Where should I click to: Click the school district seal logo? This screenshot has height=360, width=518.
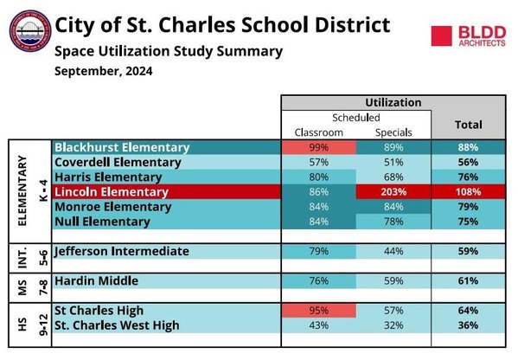[30, 31]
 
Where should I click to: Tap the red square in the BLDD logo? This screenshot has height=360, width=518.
[441, 36]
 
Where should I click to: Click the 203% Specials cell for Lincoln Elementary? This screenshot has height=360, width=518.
[393, 192]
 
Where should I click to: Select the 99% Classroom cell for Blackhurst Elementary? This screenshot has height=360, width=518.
[319, 147]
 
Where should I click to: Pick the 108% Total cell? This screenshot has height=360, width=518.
[468, 192]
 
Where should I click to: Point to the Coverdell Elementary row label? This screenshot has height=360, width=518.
[118, 163]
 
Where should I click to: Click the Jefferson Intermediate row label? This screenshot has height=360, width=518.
[122, 251]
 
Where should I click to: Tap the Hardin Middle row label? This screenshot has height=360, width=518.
[97, 281]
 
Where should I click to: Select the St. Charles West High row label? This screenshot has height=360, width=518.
[117, 325]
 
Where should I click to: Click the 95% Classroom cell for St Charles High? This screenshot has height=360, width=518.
[319, 311]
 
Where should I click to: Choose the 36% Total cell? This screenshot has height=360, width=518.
[468, 325]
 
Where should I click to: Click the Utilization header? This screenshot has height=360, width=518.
[393, 102]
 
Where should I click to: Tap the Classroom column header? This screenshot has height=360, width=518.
[319, 132]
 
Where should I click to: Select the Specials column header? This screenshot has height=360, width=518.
[393, 133]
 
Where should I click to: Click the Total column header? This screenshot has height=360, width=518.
[469, 125]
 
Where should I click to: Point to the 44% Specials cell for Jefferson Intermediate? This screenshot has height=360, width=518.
[393, 251]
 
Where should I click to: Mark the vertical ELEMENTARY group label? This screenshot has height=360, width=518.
[22, 190]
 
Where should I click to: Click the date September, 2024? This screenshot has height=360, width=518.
[104, 72]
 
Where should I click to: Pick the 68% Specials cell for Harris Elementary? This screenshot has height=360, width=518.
[393, 177]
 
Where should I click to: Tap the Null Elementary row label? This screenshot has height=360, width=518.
[102, 222]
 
